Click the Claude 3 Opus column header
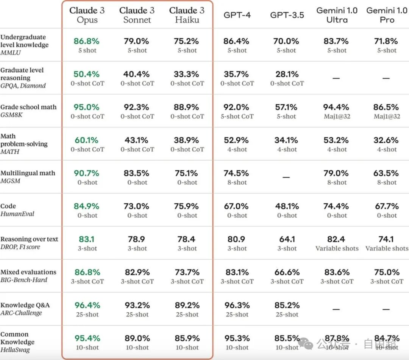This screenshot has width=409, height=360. click(x=87, y=15)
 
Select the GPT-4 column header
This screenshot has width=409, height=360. click(x=237, y=15)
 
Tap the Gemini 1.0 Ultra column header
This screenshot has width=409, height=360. click(x=337, y=15)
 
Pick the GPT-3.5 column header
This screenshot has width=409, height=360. click(x=287, y=15)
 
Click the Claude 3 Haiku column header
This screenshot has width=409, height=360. click(x=187, y=15)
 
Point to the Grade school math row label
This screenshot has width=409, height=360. click(x=28, y=107)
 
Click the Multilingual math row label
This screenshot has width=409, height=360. click(x=28, y=173)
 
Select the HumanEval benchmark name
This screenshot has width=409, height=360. click(x=17, y=214)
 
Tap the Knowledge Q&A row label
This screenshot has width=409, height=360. click(x=25, y=305)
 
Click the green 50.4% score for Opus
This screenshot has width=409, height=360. click(x=87, y=74)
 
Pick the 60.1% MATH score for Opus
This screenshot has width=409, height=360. click(x=87, y=140)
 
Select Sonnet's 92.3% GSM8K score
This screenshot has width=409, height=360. click(x=137, y=107)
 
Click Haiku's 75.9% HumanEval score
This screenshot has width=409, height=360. click(x=187, y=206)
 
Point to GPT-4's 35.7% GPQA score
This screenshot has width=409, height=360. click(x=237, y=74)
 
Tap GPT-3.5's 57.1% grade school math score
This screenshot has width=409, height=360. click(x=287, y=107)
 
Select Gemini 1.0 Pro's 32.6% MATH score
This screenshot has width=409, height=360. click(x=387, y=140)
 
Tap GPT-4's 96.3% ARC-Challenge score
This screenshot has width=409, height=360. click(x=237, y=305)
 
